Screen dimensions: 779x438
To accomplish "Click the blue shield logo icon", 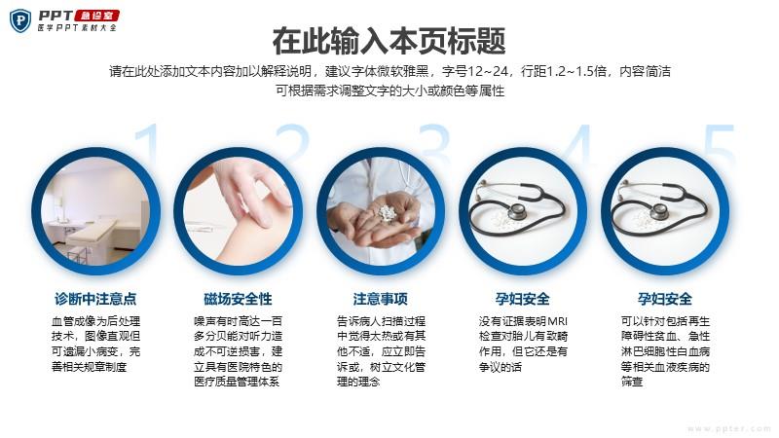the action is (x=20, y=20).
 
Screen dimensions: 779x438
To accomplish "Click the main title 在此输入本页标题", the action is (x=389, y=41).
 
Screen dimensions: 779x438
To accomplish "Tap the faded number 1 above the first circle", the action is (x=149, y=144).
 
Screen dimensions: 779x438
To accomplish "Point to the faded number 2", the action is (x=291, y=144).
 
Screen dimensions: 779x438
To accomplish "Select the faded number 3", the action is (x=433, y=144).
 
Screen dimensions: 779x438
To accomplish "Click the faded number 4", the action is (x=577, y=144).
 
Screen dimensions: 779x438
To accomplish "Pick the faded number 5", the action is (x=719, y=144).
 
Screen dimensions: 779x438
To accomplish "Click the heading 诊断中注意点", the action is (x=95, y=299).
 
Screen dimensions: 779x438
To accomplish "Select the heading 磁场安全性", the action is (x=238, y=299).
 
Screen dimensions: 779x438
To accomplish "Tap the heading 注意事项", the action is (x=381, y=299).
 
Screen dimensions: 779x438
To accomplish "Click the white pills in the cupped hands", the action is (x=387, y=213).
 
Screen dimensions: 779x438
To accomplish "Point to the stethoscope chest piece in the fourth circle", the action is (x=517, y=211).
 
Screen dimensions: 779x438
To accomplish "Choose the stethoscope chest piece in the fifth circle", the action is (x=659, y=211).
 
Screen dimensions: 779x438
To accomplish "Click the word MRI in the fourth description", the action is (x=557, y=321).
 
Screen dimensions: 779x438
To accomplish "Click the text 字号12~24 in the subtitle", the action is (x=475, y=71).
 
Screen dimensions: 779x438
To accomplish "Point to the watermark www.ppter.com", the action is (x=729, y=428).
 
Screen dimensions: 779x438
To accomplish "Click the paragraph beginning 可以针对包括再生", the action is (x=665, y=351).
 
